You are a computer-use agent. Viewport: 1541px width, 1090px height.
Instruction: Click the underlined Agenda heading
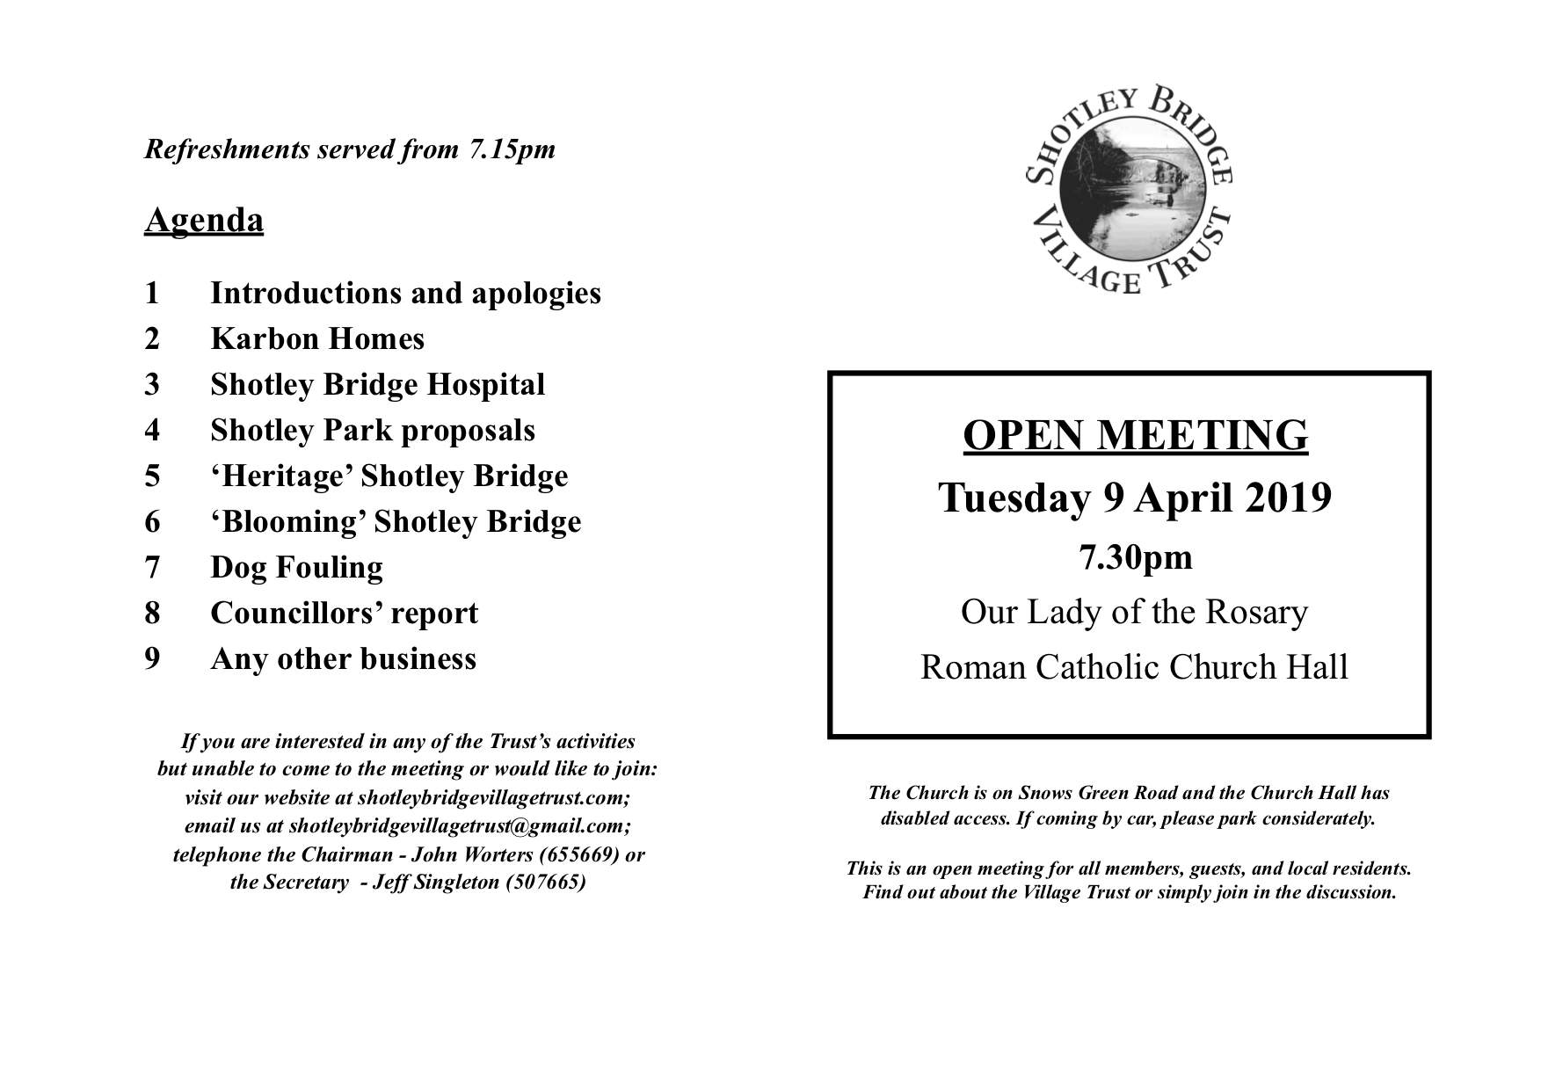click(x=203, y=220)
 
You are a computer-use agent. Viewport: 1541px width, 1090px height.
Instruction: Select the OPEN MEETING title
click(x=1135, y=435)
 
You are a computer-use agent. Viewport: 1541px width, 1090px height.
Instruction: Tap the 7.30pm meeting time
click(x=1136, y=557)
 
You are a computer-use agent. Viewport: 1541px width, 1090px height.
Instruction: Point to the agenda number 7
click(x=152, y=568)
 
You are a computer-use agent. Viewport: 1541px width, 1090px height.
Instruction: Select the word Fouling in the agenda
click(x=329, y=568)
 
